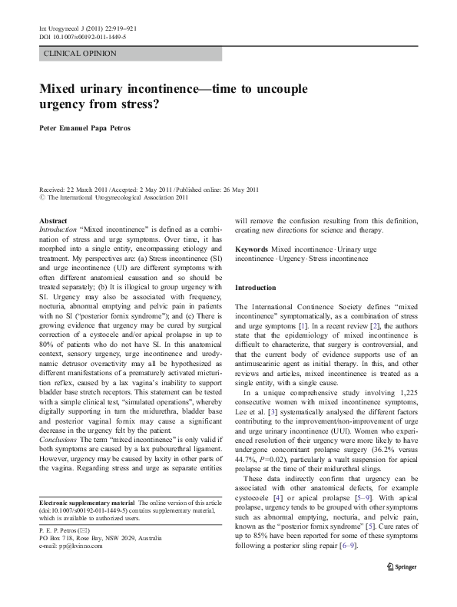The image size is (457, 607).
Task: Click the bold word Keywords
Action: tap(252, 249)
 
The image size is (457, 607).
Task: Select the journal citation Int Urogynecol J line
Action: tap(87, 28)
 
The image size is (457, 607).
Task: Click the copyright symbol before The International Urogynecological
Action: tap(43, 198)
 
